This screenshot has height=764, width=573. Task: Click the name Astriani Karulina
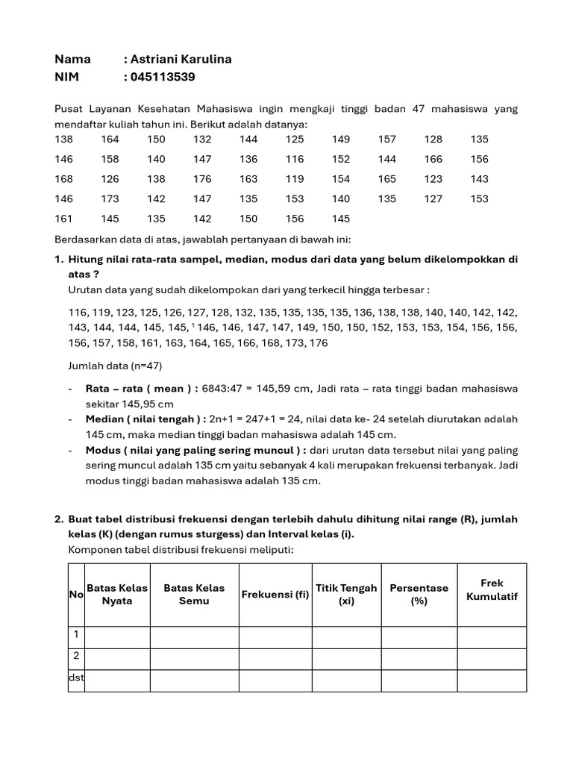181,59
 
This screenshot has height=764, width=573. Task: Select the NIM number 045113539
163,77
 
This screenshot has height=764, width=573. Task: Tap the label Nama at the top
73,59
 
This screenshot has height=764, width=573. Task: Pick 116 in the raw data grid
295,159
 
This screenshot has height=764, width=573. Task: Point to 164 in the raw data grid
110,139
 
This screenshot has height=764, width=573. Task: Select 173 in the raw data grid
110,199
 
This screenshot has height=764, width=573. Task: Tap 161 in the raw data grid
64,219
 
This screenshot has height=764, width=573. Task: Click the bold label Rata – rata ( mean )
141,389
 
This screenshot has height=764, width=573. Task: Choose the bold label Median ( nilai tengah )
145,419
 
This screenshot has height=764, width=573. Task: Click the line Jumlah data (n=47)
115,366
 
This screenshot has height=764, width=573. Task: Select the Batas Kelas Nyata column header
117,595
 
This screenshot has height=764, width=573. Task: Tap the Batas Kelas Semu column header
194,595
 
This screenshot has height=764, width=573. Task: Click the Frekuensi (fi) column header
275,595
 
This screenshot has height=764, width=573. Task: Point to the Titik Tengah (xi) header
346,595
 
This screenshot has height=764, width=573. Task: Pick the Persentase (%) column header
419,595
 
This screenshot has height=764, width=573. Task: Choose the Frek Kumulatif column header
492,589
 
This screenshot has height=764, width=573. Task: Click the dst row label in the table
76,678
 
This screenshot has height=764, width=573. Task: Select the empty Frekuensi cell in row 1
275,636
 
